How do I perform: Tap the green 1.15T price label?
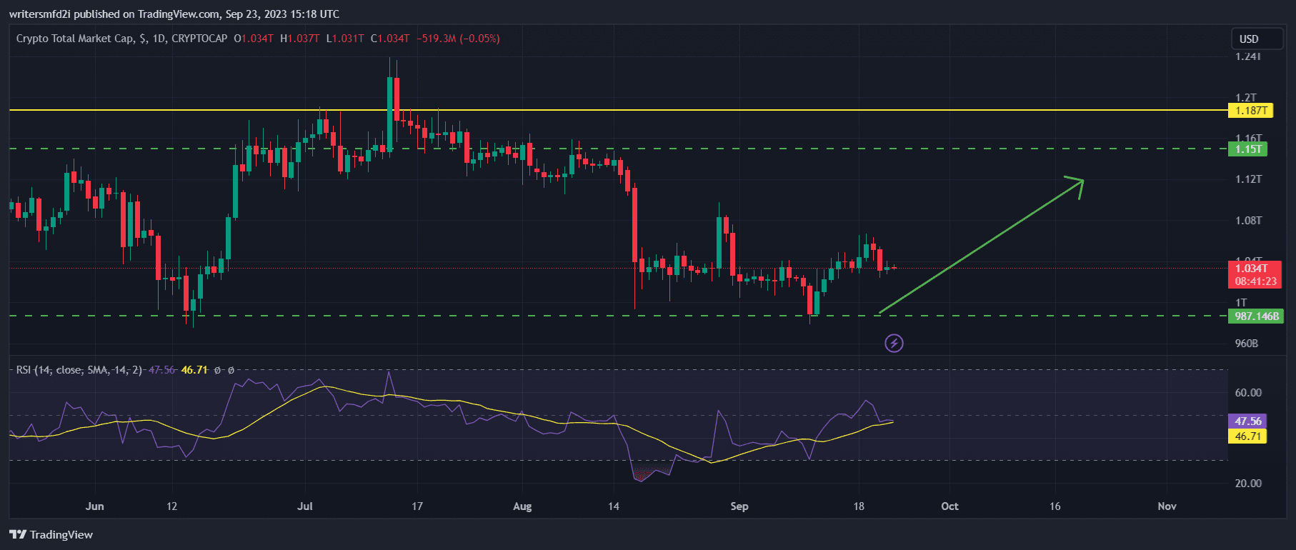pyautogui.click(x=1248, y=149)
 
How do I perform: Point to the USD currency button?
pyautogui.click(x=1249, y=39)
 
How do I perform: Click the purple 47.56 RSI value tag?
pyautogui.click(x=1247, y=421)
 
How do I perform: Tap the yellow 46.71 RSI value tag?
pyautogui.click(x=1247, y=436)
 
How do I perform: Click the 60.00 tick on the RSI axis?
pyautogui.click(x=1247, y=393)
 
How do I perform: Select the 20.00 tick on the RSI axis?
pyautogui.click(x=1247, y=484)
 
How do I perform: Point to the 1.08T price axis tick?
pyautogui.click(x=1248, y=221)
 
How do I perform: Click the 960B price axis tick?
pyautogui.click(x=1246, y=344)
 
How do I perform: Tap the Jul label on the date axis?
pyautogui.click(x=305, y=506)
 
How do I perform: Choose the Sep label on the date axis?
pyautogui.click(x=739, y=506)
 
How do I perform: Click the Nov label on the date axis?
pyautogui.click(x=1167, y=506)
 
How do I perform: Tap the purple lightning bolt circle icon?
pyautogui.click(x=894, y=344)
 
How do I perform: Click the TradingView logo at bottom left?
pyautogui.click(x=51, y=535)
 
